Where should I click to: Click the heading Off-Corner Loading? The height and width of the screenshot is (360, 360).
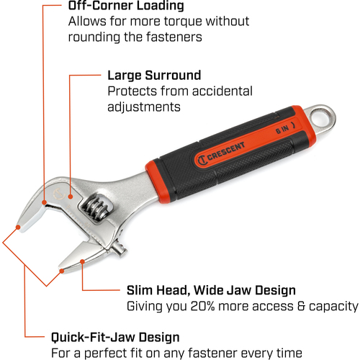click(x=126, y=6)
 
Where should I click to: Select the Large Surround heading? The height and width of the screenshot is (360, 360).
click(x=154, y=76)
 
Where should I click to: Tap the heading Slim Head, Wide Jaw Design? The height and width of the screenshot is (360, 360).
click(x=211, y=291)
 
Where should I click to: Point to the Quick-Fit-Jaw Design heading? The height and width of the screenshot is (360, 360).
click(x=115, y=337)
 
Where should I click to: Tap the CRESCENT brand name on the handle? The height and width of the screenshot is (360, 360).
click(x=226, y=151)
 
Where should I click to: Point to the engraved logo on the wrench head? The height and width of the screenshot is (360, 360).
click(x=59, y=194)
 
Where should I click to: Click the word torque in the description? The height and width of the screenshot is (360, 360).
click(x=183, y=22)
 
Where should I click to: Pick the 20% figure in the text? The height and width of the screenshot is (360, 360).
click(x=202, y=306)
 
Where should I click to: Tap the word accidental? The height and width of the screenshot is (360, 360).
click(x=222, y=91)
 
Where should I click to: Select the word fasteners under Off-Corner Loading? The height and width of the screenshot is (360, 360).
click(x=174, y=37)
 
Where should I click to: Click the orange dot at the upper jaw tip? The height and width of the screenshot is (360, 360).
click(x=18, y=227)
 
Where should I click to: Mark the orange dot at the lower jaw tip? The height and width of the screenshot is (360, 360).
click(x=62, y=271)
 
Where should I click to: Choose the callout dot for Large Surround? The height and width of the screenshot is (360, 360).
click(x=71, y=197)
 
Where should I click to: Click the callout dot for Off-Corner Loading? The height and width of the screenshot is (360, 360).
click(x=44, y=202)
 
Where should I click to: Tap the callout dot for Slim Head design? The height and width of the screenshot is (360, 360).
click(x=82, y=261)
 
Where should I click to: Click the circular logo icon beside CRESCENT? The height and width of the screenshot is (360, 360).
click(x=202, y=161)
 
